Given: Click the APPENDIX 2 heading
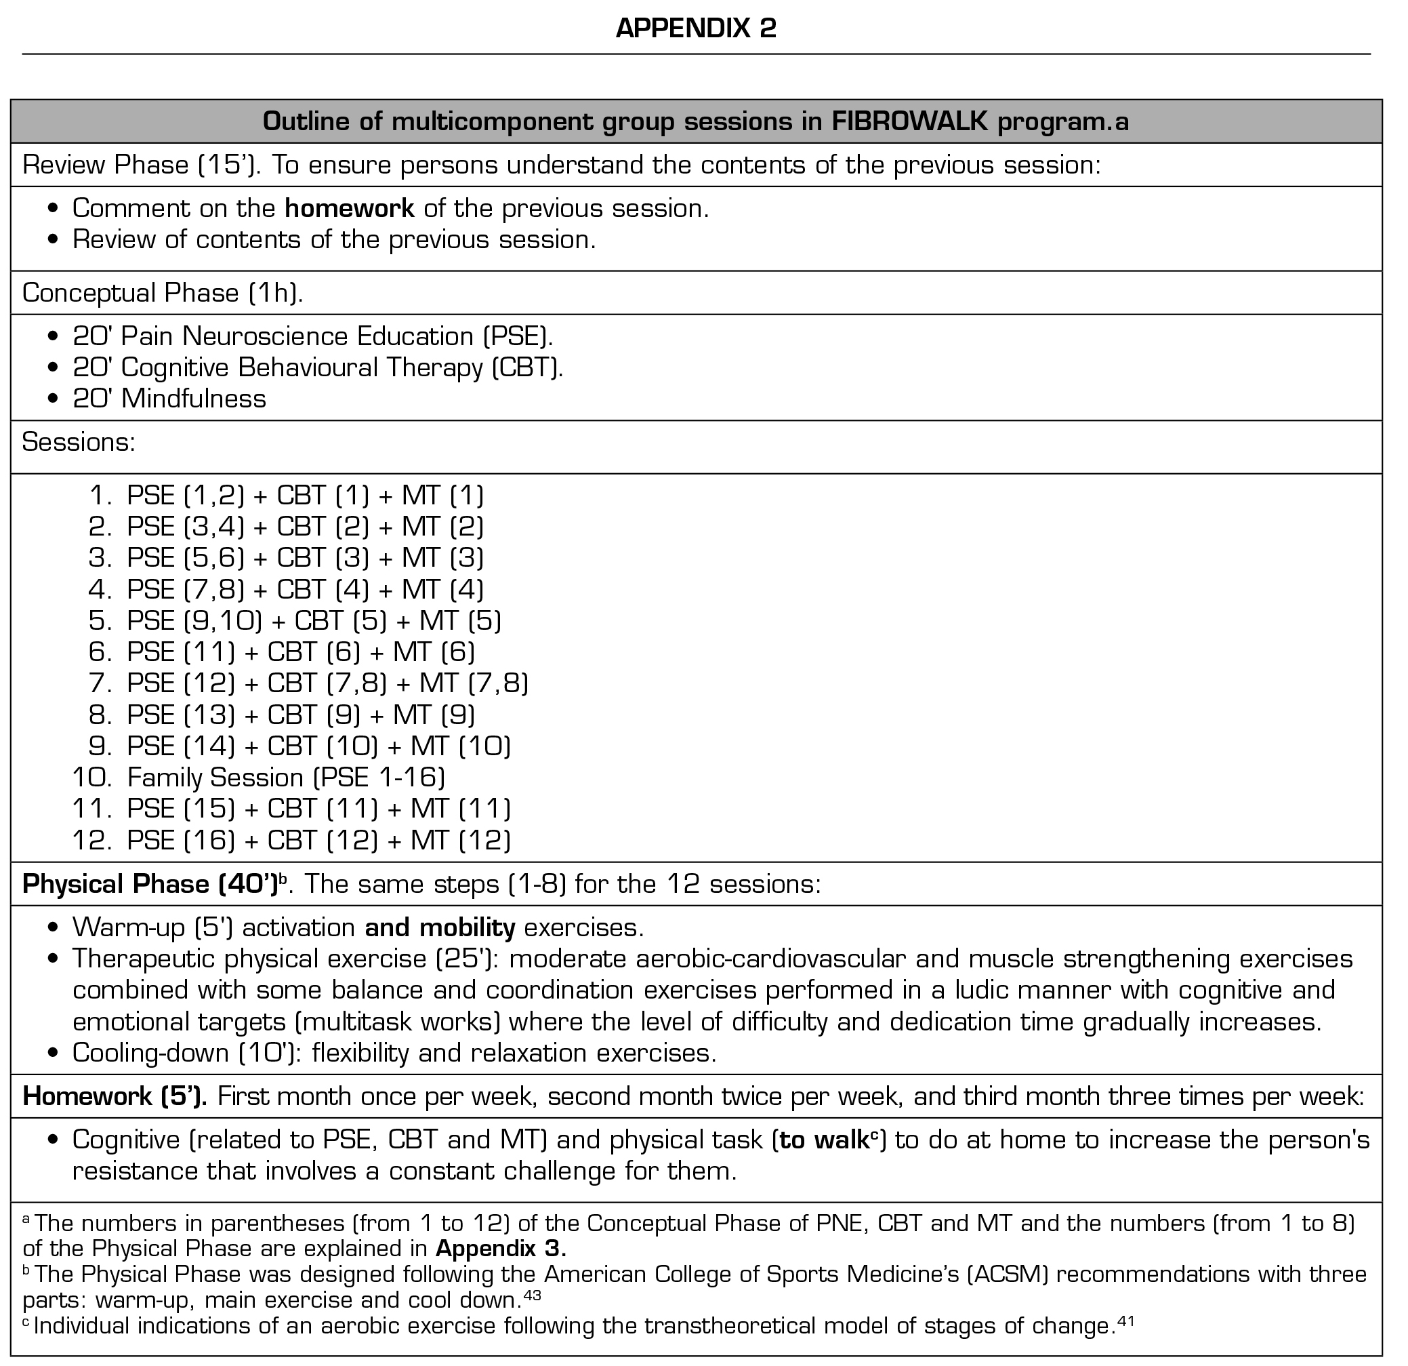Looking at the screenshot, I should pyautogui.click(x=695, y=28).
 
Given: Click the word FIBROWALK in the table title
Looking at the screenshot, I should pyautogui.click(x=909, y=122).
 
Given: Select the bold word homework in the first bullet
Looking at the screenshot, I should pyautogui.click(x=349, y=208).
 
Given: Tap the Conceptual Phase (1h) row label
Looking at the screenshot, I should pyautogui.click(x=163, y=293).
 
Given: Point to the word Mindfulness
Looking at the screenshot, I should pyautogui.click(x=193, y=399).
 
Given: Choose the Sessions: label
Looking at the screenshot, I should pyautogui.click(x=79, y=443).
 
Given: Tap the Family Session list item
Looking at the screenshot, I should pyautogui.click(x=285, y=778).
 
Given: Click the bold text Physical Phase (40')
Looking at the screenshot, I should pyautogui.click(x=150, y=885).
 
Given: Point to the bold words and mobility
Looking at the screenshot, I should pyautogui.click(x=440, y=928).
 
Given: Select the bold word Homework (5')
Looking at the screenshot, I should pyautogui.click(x=115, y=1097).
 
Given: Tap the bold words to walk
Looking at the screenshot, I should pyautogui.click(x=823, y=1140).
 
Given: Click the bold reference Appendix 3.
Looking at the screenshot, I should pyautogui.click(x=501, y=1249).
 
